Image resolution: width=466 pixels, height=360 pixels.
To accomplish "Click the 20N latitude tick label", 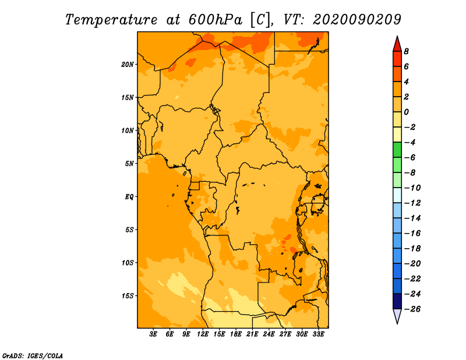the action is pyautogui.click(x=127, y=65).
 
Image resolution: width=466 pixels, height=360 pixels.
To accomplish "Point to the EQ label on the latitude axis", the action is pyautogui.click(x=129, y=197).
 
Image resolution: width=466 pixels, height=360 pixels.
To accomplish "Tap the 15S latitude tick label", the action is pyautogui.click(x=128, y=296).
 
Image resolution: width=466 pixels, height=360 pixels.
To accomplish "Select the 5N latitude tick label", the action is pyautogui.click(x=129, y=164).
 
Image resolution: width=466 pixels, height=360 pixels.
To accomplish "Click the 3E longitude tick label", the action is pyautogui.click(x=153, y=334).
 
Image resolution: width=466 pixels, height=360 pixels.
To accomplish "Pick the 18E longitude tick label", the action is pyautogui.click(x=236, y=334).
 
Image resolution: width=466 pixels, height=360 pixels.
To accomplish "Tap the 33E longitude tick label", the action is pyautogui.click(x=318, y=334).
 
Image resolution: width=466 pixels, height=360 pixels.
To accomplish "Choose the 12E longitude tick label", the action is pyautogui.click(x=203, y=334).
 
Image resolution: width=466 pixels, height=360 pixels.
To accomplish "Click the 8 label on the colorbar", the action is pyautogui.click(x=406, y=51).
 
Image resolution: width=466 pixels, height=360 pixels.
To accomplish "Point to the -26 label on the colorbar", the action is pyautogui.click(x=412, y=309).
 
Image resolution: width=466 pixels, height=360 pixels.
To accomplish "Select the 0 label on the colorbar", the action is pyautogui.click(x=406, y=112).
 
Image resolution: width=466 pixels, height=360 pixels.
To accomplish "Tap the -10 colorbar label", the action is pyautogui.click(x=412, y=188).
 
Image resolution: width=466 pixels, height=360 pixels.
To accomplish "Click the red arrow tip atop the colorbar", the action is pyautogui.click(x=397, y=36).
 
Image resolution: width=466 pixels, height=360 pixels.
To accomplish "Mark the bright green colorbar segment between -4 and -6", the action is pyautogui.click(x=397, y=150).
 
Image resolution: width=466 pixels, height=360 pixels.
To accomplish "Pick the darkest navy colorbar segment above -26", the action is pyautogui.click(x=397, y=301).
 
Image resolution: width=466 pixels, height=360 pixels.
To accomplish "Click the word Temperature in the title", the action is pyautogui.click(x=111, y=20).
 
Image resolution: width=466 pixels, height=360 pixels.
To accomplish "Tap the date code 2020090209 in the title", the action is pyautogui.click(x=357, y=20).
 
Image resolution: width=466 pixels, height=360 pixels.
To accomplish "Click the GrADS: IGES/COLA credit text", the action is pyautogui.click(x=33, y=356).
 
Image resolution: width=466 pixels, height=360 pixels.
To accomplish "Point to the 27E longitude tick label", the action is pyautogui.click(x=285, y=334).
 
